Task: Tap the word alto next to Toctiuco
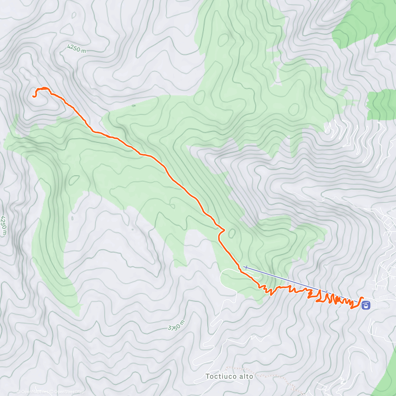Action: tap(247, 377)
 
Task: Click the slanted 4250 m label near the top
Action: tap(77, 49)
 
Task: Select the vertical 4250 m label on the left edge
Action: tap(4, 226)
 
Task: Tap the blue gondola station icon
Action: tap(366, 305)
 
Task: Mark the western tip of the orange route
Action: tap(33, 96)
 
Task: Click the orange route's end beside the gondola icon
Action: tap(363, 298)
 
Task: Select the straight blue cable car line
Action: tap(297, 282)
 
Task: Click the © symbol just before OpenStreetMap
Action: tap(52, 392)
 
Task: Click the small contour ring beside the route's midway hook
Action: tap(232, 234)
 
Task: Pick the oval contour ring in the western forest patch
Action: tap(74, 180)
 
